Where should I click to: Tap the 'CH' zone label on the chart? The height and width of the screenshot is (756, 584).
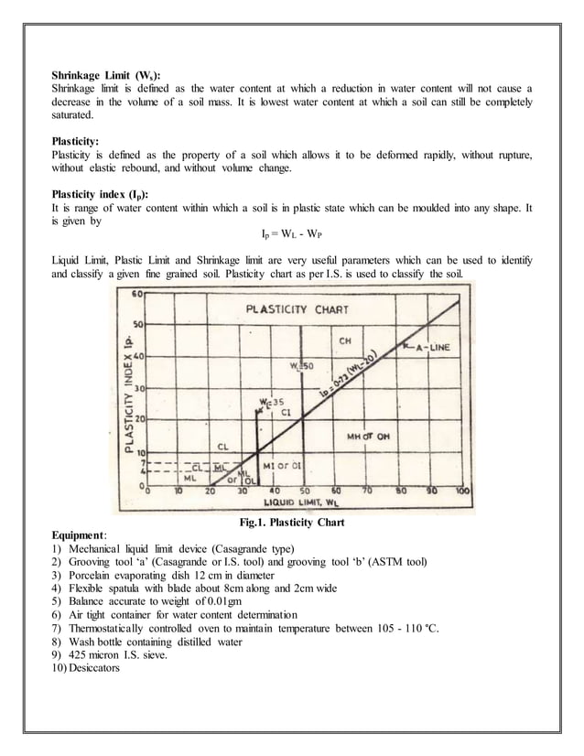tap(345, 341)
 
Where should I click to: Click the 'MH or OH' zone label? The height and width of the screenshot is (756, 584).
tap(368, 437)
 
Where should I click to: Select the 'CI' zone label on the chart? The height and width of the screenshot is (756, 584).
tap(285, 413)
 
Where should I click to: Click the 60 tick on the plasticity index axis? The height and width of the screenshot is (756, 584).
tap(136, 295)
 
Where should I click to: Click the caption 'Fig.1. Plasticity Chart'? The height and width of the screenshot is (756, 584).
tap(291, 523)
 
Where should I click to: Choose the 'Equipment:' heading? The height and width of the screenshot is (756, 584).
tap(80, 535)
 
